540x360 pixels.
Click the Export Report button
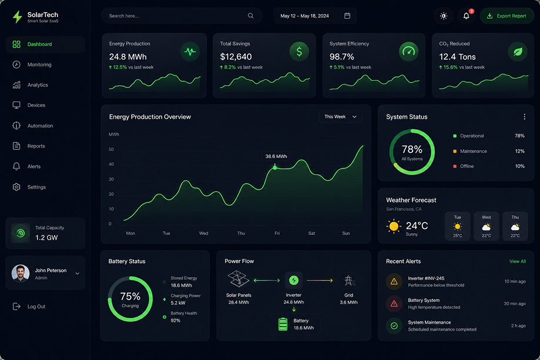point(507,16)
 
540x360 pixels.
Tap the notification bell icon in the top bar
point(466,16)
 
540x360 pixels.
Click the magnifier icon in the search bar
point(251,16)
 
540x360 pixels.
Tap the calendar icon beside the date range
point(347,16)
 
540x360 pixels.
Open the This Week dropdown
point(340,117)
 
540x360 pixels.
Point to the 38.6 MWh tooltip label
point(276,156)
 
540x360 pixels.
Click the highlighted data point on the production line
point(275,167)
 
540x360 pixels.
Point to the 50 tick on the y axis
point(111,149)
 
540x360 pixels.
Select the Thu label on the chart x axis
point(241,233)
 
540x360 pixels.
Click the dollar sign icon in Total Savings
point(299,52)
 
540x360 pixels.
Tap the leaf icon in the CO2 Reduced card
point(518,52)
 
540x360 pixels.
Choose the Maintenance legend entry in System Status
point(470,151)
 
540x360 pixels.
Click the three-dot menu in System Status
point(525,117)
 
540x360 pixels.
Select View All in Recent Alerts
point(518,261)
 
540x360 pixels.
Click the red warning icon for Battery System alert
point(394,304)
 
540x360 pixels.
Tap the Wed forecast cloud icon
point(487,227)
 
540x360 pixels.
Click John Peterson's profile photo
point(21,273)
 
